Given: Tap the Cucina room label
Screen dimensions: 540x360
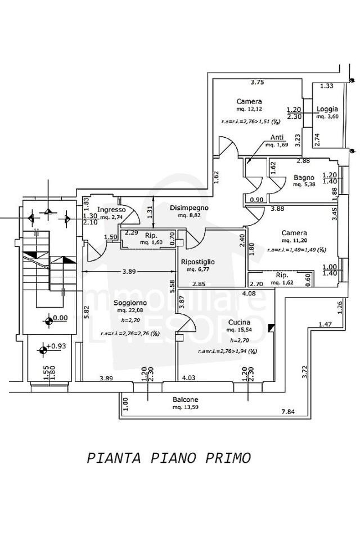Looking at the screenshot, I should click(238, 322).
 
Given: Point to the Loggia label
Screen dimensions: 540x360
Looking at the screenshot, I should click(327, 109).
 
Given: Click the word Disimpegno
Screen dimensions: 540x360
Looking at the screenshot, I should click(190, 208).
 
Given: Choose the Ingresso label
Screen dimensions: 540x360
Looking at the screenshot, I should click(111, 210).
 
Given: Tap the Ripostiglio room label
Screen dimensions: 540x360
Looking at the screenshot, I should click(198, 262).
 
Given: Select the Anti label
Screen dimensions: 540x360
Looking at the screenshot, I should click(277, 137).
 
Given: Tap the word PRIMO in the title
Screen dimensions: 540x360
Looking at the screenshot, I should click(229, 458).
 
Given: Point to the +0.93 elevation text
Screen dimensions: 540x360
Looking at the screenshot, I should click(57, 346).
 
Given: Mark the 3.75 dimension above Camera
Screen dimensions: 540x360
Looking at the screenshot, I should click(258, 83).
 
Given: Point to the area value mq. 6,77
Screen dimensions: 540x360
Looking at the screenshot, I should click(198, 269).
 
